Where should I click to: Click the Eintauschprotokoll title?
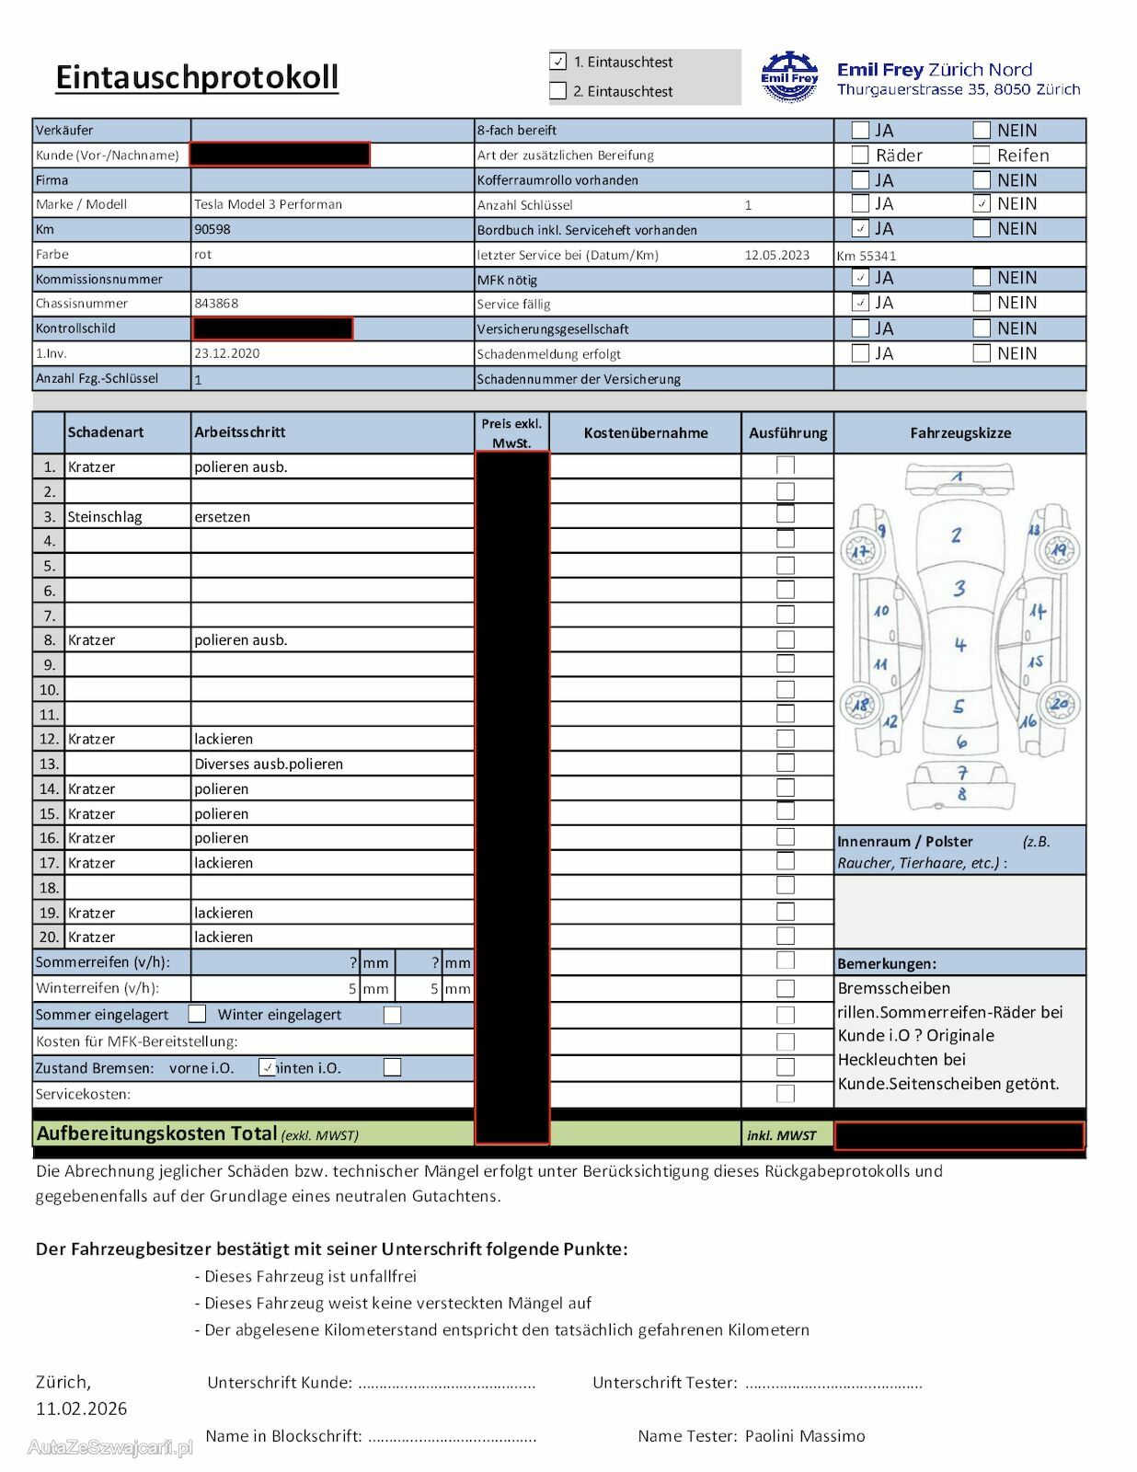[197, 77]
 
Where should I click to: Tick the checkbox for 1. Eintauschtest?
[558, 62]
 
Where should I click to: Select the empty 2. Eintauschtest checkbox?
[558, 91]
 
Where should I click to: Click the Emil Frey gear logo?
[789, 77]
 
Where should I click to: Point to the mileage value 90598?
[212, 230]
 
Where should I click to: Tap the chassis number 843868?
[216, 304]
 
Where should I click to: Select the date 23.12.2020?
[226, 353]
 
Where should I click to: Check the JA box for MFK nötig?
[860, 278]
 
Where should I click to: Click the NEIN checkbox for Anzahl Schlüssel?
[982, 204]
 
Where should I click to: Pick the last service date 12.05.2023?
[776, 255]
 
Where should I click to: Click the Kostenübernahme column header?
[646, 432]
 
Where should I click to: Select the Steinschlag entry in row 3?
[105, 517]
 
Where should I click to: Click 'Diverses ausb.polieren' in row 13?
[269, 764]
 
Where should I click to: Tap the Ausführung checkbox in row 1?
[786, 466]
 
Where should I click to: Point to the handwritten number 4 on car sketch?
[960, 645]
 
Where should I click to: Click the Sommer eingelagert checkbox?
[197, 1014]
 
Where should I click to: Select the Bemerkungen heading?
[887, 964]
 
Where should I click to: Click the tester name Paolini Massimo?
[805, 1435]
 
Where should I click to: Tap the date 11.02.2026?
[82, 1409]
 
